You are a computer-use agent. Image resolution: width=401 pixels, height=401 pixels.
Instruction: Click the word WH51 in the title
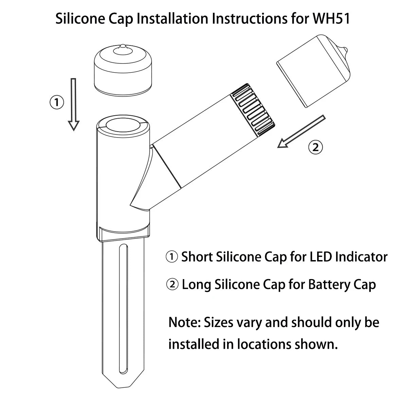click(331, 19)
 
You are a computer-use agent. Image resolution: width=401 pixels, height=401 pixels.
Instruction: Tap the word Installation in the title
click(172, 19)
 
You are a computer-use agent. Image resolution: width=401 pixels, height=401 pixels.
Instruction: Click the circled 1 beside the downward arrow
click(56, 102)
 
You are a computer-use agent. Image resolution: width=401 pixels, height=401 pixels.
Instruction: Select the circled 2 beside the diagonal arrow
click(315, 147)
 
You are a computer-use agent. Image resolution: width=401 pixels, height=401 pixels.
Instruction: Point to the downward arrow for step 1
click(73, 104)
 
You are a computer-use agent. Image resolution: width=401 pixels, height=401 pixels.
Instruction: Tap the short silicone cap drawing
click(123, 70)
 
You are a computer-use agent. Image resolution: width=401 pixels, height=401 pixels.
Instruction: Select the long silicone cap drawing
click(313, 70)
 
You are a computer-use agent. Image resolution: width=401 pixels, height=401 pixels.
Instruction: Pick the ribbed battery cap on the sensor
click(253, 109)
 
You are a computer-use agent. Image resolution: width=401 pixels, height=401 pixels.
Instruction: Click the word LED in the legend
click(321, 257)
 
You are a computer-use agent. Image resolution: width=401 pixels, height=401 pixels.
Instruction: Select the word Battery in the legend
click(329, 285)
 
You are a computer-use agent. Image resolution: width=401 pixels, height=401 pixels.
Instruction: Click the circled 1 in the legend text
click(171, 257)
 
